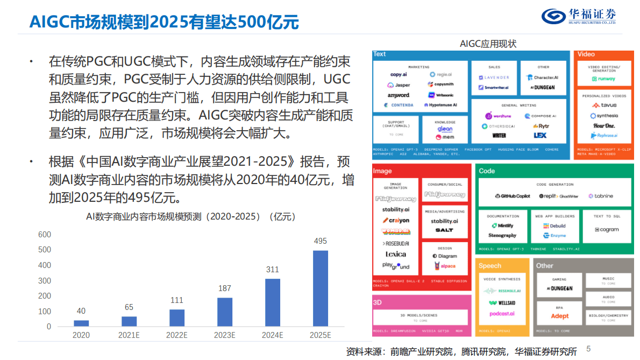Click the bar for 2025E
(x=321, y=288)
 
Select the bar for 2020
(x=81, y=323)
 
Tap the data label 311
(x=273, y=270)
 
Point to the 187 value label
(x=225, y=288)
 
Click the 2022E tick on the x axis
(x=176, y=335)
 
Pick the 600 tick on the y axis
(x=45, y=235)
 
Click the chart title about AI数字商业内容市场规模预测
(x=191, y=217)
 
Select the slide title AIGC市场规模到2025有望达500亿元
(x=164, y=22)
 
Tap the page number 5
(x=588, y=348)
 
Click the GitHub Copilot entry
(x=512, y=196)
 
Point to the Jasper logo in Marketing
(x=399, y=85)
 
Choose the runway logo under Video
(x=603, y=79)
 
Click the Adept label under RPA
(x=559, y=316)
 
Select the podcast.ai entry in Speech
(x=502, y=314)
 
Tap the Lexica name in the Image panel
(x=396, y=254)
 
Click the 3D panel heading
(x=378, y=302)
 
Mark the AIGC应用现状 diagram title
(x=488, y=44)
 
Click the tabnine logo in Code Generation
(x=601, y=196)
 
